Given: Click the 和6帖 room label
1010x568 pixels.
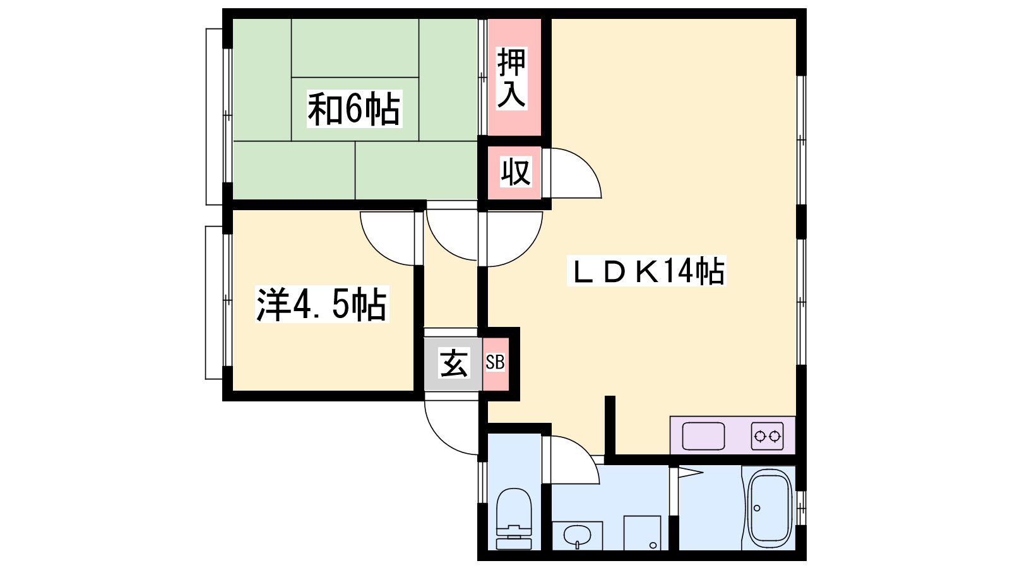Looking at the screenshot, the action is [x=354, y=109].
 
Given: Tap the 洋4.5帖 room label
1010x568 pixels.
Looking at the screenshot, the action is [x=321, y=304].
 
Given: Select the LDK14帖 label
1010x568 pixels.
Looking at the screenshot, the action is [x=646, y=271].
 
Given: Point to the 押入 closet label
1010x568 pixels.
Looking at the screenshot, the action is [x=512, y=78].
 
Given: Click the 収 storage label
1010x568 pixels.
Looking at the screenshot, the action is [x=515, y=172].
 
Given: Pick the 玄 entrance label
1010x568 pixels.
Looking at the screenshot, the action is [x=454, y=363].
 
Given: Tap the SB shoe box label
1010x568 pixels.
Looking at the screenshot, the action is [x=495, y=362].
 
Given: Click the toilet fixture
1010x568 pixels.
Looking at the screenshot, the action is [x=514, y=518].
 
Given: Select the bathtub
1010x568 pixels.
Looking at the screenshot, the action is [x=769, y=508].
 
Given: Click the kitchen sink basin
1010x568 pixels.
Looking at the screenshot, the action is [x=703, y=436].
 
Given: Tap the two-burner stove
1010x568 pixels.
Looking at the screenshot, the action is [x=767, y=436].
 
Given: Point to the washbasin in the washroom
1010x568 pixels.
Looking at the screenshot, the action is [x=577, y=536].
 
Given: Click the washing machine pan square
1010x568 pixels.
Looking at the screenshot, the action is [x=642, y=533].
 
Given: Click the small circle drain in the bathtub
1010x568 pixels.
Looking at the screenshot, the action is [x=757, y=508].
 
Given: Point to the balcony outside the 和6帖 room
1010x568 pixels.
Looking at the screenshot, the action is [x=214, y=117].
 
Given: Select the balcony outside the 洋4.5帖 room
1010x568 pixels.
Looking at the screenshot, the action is [x=214, y=302].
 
